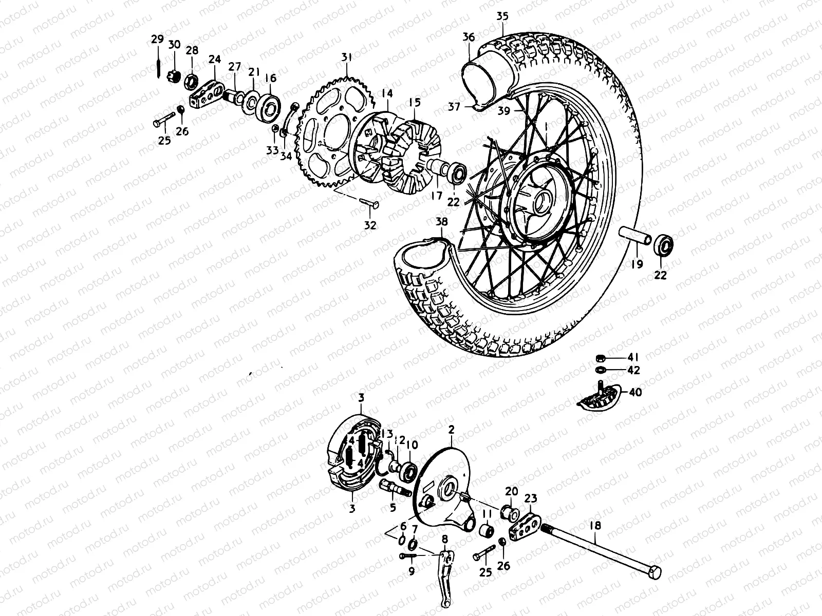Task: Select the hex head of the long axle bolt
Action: coord(655,573)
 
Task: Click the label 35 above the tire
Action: coord(502,16)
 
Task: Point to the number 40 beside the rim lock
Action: coord(636,392)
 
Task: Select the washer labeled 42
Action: coord(599,370)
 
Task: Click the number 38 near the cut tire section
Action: coord(441,222)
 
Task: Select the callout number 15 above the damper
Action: coord(415,103)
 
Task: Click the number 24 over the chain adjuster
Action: coord(215,60)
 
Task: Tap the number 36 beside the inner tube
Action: coord(469,37)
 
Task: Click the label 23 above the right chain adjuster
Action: coord(531,498)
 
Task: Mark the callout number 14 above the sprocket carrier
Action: coord(387,93)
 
